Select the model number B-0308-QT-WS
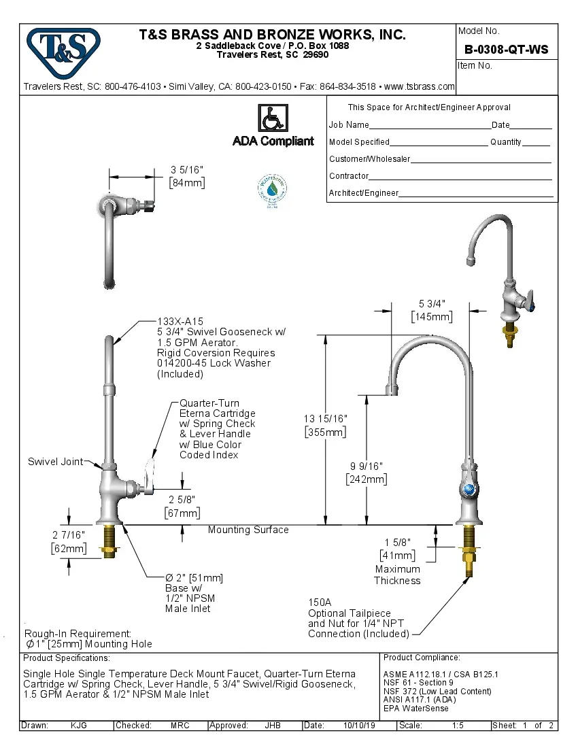coord(506,50)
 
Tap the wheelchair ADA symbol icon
coord(273,118)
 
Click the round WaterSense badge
coord(272,190)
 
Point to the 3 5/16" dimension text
coord(187,170)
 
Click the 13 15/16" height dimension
coord(326,419)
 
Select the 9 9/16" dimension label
coord(367,466)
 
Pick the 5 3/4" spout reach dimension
coord(431,304)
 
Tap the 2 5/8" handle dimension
coord(182,500)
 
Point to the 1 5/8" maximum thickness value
coord(398,543)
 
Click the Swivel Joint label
coord(55,462)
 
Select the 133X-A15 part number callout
coord(180,322)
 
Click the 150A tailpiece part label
coord(320,602)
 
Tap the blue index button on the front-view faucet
coord(469,490)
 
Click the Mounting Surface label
coord(248,530)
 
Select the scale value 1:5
coord(458,726)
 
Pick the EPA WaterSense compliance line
coord(416,708)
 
